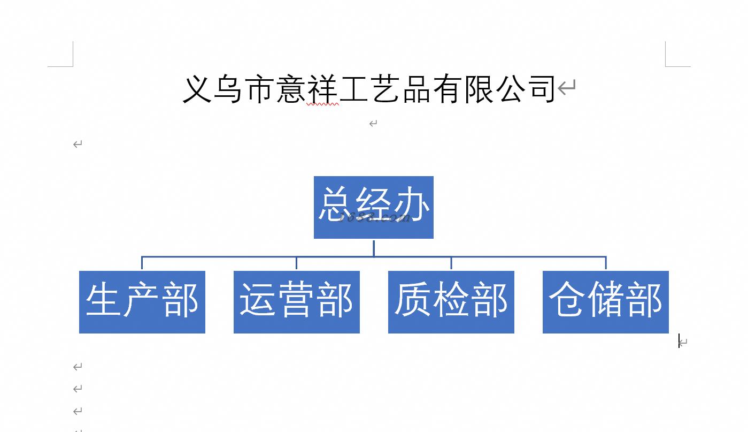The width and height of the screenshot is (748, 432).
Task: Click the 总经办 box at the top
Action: tap(373, 207)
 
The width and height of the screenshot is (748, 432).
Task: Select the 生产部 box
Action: tap(142, 302)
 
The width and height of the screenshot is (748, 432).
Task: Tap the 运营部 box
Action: tap(296, 302)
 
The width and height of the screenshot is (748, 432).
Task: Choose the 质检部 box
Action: tap(451, 302)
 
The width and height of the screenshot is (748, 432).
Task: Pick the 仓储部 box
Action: tap(605, 302)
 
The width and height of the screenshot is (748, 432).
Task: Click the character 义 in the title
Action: tap(197, 89)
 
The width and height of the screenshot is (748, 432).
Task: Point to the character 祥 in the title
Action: tap(322, 89)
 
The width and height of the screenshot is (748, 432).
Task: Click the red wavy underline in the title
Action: tap(322, 104)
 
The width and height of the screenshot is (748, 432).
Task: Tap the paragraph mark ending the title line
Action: tap(567, 87)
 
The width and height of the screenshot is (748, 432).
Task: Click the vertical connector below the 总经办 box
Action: tap(373, 248)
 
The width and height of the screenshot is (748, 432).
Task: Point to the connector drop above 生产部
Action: tap(142, 263)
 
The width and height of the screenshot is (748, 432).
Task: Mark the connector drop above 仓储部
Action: tap(605, 263)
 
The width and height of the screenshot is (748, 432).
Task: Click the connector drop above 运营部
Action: tap(296, 263)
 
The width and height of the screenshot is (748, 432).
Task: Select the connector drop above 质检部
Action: tap(451, 263)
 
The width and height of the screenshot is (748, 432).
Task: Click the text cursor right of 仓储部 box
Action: tap(679, 341)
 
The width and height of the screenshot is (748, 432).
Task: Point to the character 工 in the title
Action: tap(353, 89)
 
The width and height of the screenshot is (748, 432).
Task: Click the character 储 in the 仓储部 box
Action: tap(605, 300)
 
